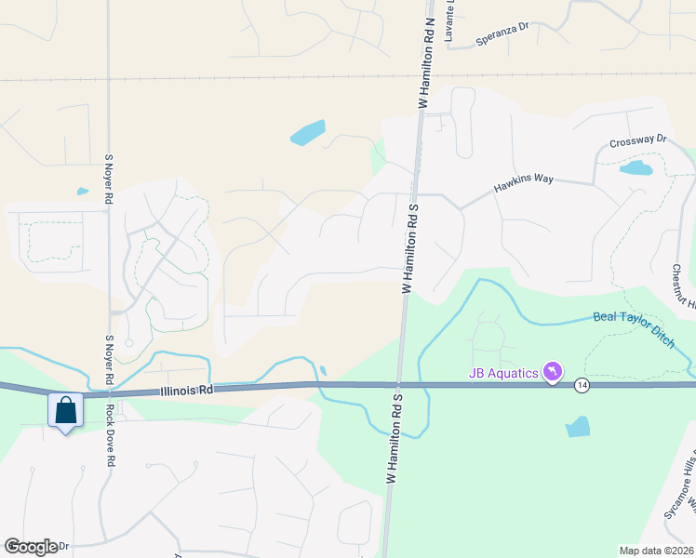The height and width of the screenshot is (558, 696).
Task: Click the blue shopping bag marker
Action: (66, 410)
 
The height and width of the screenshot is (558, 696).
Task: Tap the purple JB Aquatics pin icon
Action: (554, 373)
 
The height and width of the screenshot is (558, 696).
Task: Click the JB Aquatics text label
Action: (502, 374)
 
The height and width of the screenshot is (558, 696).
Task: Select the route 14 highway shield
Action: (582, 385)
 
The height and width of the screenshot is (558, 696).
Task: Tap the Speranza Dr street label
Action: (502, 33)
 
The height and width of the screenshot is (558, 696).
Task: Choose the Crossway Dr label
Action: (638, 141)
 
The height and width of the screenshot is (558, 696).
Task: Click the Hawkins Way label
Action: (523, 183)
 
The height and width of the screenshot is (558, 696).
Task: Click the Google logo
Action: (30, 547)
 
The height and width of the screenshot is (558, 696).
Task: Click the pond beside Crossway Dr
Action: (636, 168)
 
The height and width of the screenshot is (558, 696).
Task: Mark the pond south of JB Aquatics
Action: (577, 427)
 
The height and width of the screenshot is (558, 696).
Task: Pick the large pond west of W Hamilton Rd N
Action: (308, 133)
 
